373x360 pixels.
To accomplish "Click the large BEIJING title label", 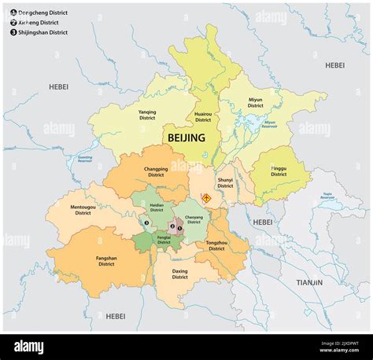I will [186, 138].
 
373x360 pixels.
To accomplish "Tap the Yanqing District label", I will [147, 115].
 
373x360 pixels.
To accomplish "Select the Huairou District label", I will [203, 117].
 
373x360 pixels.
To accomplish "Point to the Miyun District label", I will [256, 102].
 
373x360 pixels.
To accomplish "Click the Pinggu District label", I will [279, 171].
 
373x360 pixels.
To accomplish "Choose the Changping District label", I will [156, 171].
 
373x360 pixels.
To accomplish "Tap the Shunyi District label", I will [226, 182].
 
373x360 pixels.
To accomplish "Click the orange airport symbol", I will [207, 198].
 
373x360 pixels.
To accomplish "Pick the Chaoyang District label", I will [194, 219].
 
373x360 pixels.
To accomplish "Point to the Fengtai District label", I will [164, 240].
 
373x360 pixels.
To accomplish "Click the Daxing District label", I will [180, 274].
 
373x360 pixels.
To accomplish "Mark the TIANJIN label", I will [309, 281].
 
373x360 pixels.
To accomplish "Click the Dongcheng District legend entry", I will [39, 12].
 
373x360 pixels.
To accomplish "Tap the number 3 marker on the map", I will [146, 222].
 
